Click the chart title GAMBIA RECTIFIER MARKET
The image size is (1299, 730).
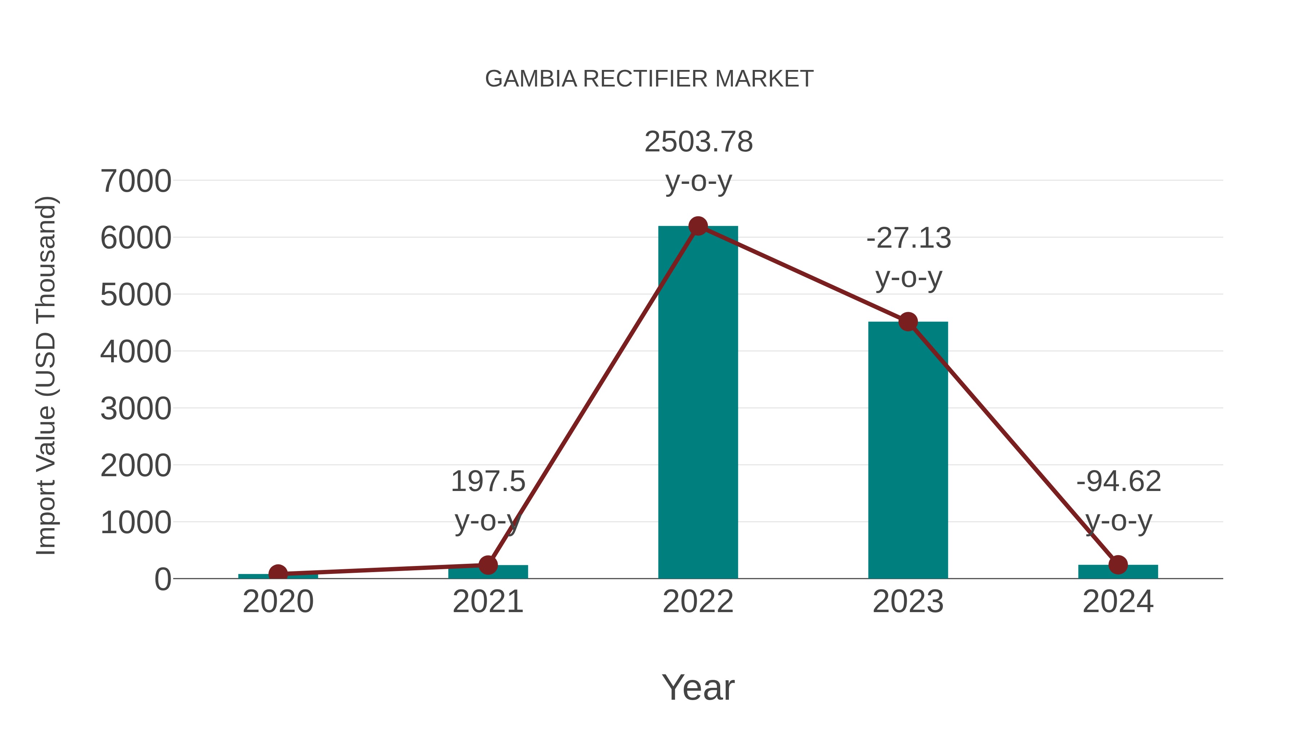point(649,79)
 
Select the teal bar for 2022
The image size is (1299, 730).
point(698,403)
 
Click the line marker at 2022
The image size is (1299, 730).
point(698,226)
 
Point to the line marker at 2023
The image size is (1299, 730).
point(908,322)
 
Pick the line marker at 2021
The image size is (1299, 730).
point(487,565)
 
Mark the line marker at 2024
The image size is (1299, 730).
point(1118,565)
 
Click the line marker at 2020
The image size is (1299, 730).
point(278,573)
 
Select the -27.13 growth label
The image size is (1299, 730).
point(909,238)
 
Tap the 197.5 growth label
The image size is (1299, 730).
point(487,482)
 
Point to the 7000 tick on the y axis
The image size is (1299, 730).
point(136,181)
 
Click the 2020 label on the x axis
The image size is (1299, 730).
point(278,602)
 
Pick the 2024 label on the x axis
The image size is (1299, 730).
point(1118,602)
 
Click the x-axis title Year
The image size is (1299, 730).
point(698,688)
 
